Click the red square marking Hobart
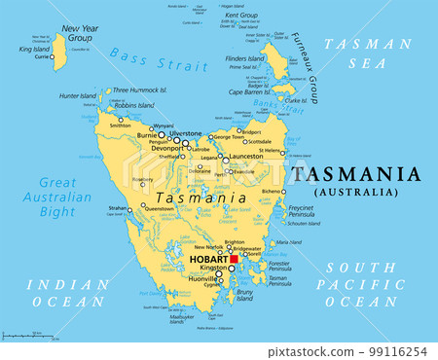[233, 260]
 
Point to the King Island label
[34, 48]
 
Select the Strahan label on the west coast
[117, 208]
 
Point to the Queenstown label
[159, 208]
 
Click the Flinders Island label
[244, 58]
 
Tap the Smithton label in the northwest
[120, 126]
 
